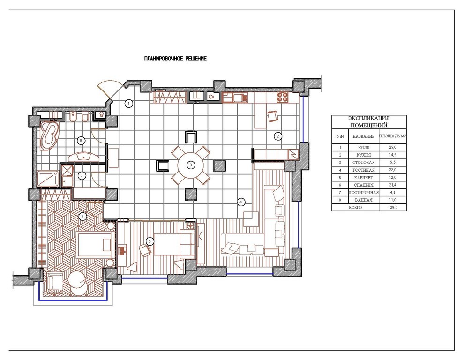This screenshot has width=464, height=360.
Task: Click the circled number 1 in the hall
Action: (x=129, y=104)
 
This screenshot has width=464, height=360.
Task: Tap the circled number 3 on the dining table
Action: (x=191, y=165)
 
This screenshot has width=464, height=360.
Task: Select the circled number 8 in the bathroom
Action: (x=81, y=140)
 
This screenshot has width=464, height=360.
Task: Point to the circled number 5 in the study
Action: (x=150, y=241)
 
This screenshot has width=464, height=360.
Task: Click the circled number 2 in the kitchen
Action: (x=277, y=136)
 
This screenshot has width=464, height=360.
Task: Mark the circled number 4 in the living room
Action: (x=241, y=202)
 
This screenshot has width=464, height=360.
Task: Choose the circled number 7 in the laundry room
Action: (x=82, y=176)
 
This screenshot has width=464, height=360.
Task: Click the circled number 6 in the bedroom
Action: (x=83, y=217)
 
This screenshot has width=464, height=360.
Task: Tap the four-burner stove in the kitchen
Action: (x=282, y=97)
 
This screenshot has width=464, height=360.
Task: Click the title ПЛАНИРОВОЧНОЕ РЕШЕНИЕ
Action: (x=175, y=59)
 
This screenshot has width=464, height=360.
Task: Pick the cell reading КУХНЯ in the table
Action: (x=364, y=155)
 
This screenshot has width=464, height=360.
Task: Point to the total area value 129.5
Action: (x=392, y=208)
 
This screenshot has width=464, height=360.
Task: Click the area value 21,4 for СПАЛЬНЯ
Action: (x=393, y=185)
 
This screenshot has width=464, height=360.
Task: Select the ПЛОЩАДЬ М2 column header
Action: (x=393, y=136)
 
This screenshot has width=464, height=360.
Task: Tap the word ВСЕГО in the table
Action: (x=355, y=208)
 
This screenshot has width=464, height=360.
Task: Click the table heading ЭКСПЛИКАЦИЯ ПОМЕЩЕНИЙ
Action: (x=369, y=122)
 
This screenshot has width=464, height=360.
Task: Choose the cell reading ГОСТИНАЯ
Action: (x=364, y=170)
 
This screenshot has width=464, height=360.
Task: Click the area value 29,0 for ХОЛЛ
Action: (x=393, y=147)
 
